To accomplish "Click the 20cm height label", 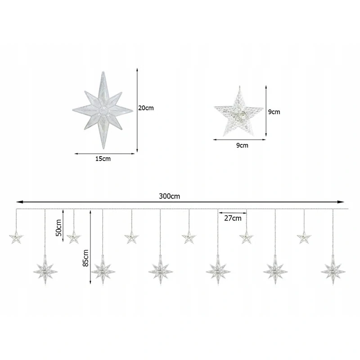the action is click(146, 108).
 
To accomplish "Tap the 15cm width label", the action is click(103, 159).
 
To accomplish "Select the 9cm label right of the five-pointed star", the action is click(274, 112).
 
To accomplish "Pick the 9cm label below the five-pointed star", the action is click(242, 145).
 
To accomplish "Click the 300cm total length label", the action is click(170, 196).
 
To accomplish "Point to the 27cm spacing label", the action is click(233, 218).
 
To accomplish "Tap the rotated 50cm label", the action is click(59, 228).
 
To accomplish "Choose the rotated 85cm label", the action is click(85, 258).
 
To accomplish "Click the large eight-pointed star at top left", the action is click(103, 110).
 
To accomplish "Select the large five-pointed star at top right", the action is click(239, 112).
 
